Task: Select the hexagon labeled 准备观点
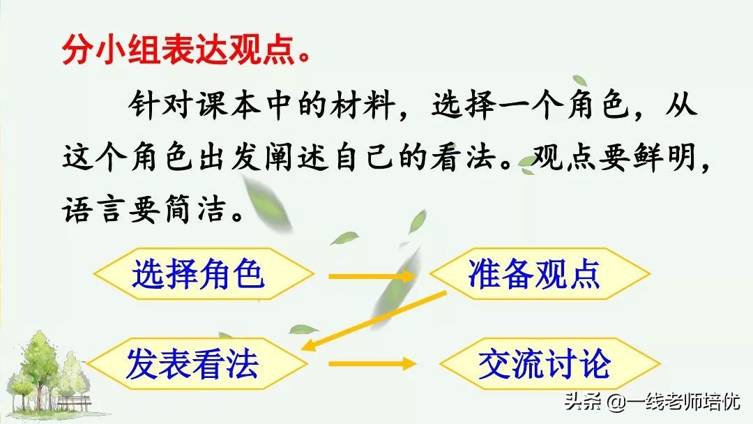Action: (533, 273)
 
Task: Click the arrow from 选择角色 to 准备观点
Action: (370, 275)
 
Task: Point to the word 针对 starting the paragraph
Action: (151, 108)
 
